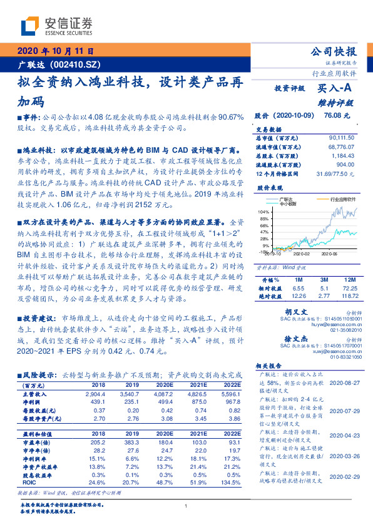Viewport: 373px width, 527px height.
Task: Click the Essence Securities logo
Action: (x=56, y=26)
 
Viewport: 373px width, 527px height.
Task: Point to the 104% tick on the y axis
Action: (x=262, y=212)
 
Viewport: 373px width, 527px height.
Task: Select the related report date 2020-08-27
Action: (x=344, y=382)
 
